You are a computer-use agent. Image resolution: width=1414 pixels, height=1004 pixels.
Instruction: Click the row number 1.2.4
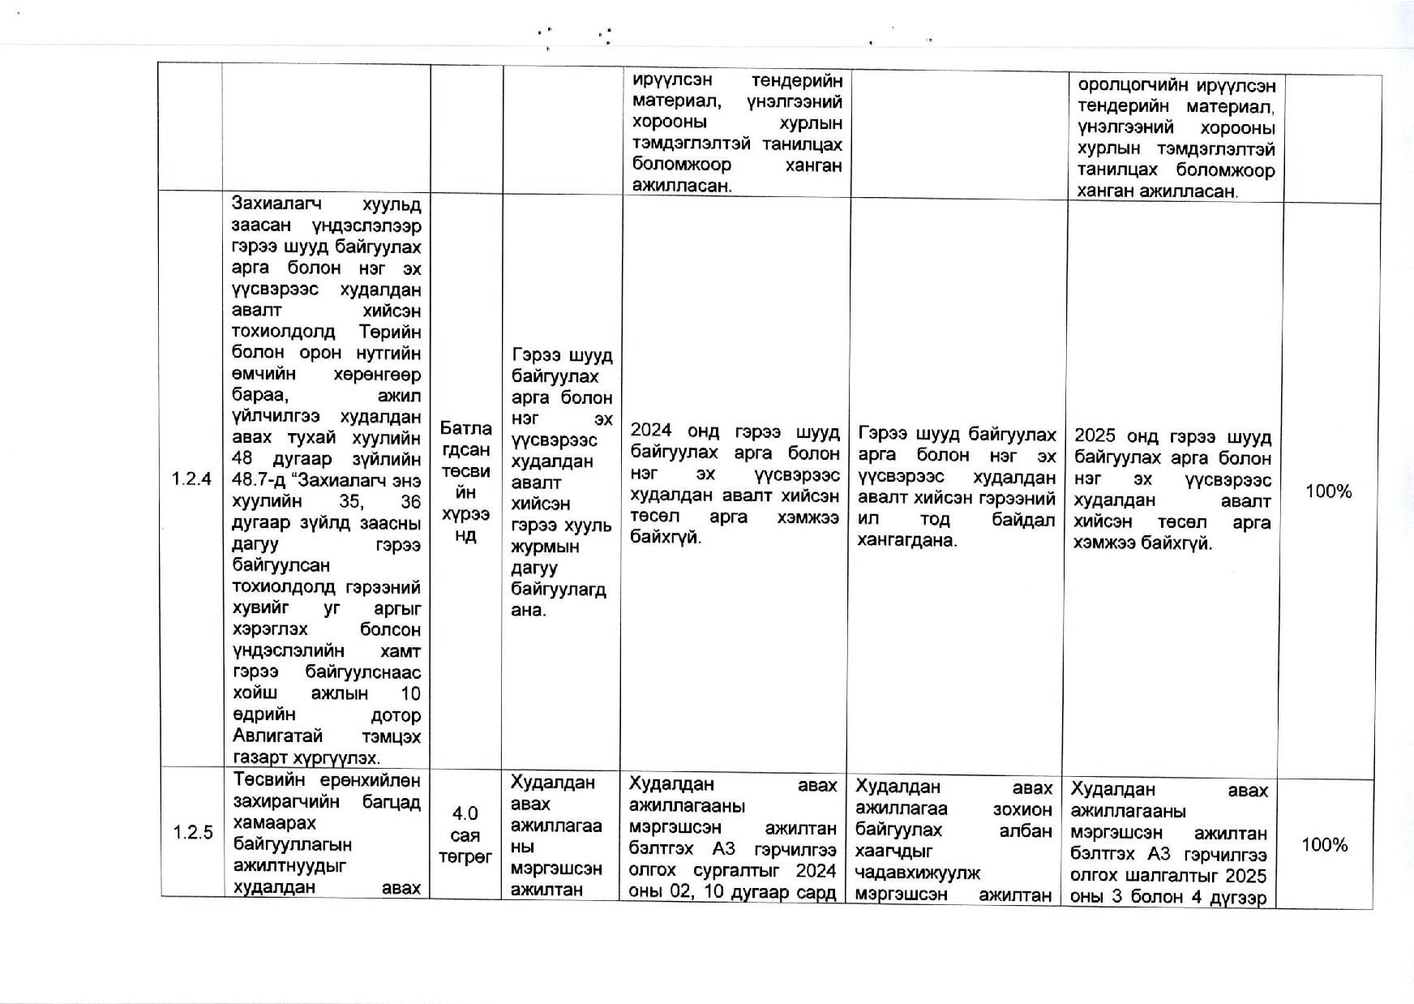[191, 479]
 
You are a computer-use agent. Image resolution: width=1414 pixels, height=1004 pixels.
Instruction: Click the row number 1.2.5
[192, 833]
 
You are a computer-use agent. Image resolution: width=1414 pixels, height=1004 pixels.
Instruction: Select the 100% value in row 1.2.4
[1328, 491]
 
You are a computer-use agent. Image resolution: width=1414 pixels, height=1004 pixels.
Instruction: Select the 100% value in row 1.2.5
[1324, 845]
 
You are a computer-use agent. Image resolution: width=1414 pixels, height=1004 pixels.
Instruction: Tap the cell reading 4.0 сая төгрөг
[465, 835]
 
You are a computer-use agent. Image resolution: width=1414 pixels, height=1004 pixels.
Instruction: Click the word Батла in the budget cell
[465, 428]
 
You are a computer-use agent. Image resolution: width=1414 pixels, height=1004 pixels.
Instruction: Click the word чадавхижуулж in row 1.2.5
[918, 873]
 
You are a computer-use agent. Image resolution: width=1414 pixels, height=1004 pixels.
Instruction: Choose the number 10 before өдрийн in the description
[410, 693]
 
